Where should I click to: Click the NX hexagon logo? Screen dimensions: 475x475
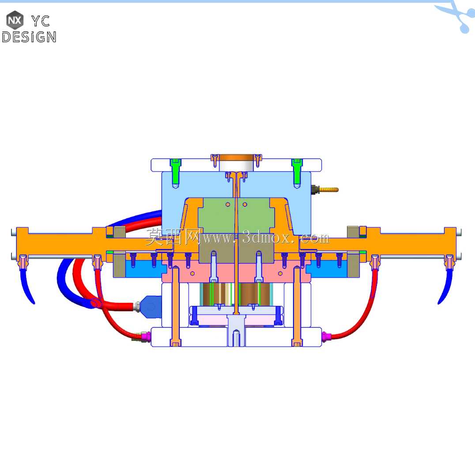[15, 20]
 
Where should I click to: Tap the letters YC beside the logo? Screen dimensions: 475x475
[41, 21]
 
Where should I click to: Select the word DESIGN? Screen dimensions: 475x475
[29, 37]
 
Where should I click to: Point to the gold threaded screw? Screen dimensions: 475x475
[325, 190]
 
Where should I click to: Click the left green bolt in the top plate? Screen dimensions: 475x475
[175, 172]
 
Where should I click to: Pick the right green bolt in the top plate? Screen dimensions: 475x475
[297, 172]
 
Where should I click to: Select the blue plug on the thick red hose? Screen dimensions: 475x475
[151, 307]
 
